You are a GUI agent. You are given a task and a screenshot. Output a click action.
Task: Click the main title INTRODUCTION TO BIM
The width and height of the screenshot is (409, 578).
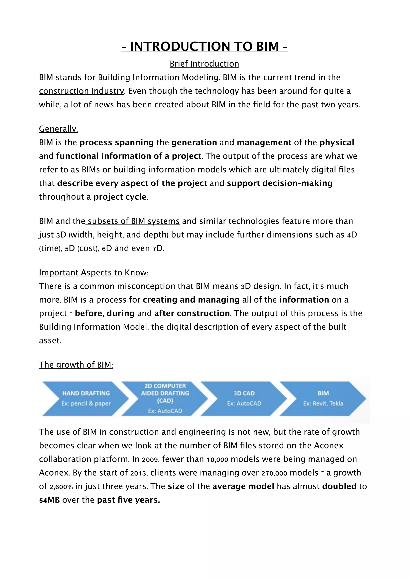pyautogui.click(x=204, y=47)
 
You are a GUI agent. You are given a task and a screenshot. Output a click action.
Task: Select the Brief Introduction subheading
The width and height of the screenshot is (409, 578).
pyautogui.click(x=204, y=64)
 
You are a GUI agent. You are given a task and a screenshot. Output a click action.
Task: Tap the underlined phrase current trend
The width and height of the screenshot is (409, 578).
pyautogui.click(x=289, y=77)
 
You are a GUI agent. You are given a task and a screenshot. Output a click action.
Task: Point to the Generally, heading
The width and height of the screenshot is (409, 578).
pyautogui.click(x=59, y=129)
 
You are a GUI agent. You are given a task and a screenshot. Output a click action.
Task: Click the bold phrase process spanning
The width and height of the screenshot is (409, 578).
pyautogui.click(x=117, y=143)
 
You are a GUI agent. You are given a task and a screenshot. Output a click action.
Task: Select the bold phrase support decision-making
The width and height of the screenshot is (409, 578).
pyautogui.click(x=280, y=183)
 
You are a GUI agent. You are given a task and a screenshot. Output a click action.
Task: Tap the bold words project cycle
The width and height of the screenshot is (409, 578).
pyautogui.click(x=120, y=197)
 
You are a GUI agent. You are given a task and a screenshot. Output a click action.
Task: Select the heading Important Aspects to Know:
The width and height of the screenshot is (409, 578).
pyautogui.click(x=94, y=273)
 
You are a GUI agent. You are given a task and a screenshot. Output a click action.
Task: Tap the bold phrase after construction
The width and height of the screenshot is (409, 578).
pyautogui.click(x=192, y=313)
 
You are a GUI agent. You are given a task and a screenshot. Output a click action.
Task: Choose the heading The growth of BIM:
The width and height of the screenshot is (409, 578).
pyautogui.click(x=76, y=365)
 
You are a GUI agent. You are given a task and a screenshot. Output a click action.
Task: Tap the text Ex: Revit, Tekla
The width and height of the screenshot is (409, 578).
pyautogui.click(x=323, y=404)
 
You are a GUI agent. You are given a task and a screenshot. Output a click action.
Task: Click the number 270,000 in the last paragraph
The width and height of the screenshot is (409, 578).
pyautogui.click(x=274, y=473)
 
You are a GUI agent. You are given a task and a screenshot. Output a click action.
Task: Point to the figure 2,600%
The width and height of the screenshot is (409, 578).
pyautogui.click(x=61, y=487)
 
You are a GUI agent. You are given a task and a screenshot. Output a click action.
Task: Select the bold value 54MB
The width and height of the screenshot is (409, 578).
pyautogui.click(x=49, y=500)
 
